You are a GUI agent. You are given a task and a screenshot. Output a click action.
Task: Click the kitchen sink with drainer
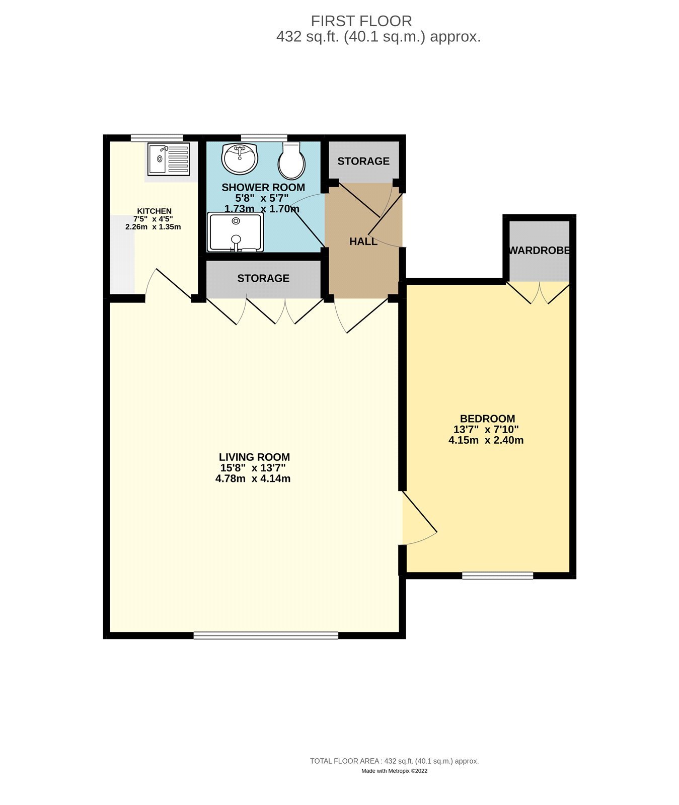pos(169,159)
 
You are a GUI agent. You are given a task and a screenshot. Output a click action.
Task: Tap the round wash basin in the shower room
pos(240,158)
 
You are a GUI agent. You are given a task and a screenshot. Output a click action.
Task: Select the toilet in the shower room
pos(291,160)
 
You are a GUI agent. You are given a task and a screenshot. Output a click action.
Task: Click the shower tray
pos(236,232)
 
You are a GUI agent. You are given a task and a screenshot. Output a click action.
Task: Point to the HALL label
pos(363,242)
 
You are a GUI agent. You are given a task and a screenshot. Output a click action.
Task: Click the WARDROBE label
pos(540,250)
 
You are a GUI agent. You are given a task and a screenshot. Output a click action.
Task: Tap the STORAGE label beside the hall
pos(363,161)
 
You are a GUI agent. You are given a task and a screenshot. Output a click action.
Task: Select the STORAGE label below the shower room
pos(263,278)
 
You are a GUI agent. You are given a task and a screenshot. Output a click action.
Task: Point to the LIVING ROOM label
pos(254,457)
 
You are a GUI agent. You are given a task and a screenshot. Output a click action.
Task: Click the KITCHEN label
pos(155,211)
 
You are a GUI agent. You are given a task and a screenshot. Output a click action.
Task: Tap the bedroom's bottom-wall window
pos(497,576)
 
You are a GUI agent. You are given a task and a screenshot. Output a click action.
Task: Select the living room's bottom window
pos(266,635)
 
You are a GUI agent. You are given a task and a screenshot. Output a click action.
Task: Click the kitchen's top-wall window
pos(157,138)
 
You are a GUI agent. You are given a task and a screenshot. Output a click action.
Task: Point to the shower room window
pos(264,138)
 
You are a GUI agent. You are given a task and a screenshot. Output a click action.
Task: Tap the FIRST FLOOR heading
pos(361,21)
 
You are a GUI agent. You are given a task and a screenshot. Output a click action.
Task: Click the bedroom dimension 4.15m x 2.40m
pos(486,440)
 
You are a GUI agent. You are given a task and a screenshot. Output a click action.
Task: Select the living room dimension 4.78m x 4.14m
pos(253,478)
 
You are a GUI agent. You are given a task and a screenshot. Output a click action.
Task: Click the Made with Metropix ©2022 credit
pos(395,771)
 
